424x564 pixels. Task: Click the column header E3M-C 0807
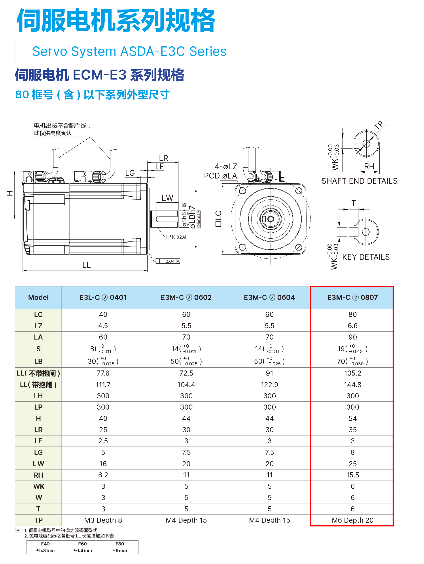pos(352,297)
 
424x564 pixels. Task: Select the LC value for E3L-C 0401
pos(103,314)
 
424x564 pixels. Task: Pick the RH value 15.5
pos(352,475)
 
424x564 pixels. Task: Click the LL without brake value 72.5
pos(186,373)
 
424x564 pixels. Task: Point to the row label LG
pos(38,452)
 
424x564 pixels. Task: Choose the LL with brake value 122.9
pos(269,384)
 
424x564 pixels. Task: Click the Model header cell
pos(38,297)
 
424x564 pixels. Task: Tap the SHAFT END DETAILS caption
pos(359,181)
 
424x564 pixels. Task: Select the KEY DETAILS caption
pos(366,257)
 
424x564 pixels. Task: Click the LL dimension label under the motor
pos(86,265)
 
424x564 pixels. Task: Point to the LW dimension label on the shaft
pos(167,198)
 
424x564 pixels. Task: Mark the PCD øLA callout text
pos(220,176)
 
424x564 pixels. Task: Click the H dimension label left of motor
pos(10,193)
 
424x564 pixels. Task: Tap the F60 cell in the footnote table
pos(82,544)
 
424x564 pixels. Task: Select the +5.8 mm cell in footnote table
pos(45,550)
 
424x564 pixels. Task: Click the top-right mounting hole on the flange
pos(299,191)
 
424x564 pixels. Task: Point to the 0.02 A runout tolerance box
pos(176,237)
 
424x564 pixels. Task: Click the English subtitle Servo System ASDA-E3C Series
pos(129,51)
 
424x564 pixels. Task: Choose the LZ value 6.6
pos(352,326)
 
